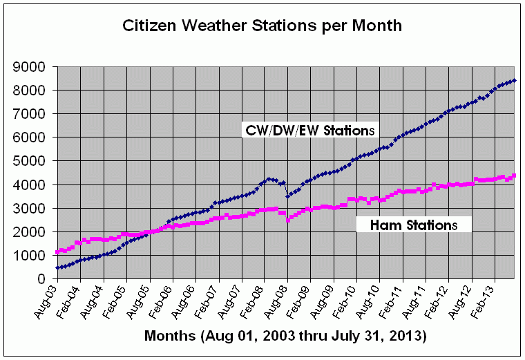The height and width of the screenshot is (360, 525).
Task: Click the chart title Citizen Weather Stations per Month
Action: (262, 26)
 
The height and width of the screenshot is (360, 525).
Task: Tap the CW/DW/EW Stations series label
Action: (309, 129)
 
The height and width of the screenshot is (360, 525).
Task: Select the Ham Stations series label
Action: (414, 225)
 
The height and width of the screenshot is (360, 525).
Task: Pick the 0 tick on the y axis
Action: (42, 278)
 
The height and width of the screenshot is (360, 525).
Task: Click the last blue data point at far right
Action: (515, 81)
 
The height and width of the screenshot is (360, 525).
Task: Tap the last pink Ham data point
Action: (514, 176)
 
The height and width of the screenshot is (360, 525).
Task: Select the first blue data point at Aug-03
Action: (57, 267)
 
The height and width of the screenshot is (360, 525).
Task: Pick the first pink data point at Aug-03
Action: (57, 252)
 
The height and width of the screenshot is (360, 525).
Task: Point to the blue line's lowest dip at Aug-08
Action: (288, 196)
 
